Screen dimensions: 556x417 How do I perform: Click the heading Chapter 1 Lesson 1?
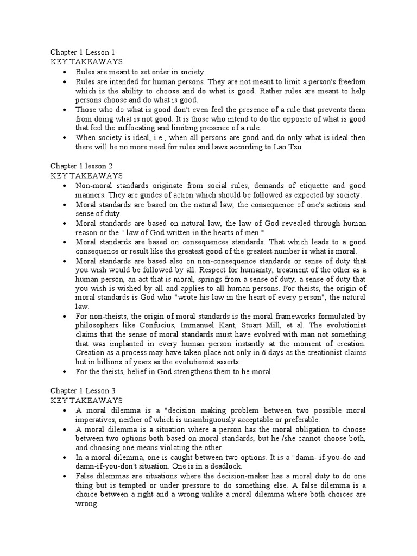click(83, 53)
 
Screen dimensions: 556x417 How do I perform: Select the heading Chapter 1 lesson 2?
click(82, 166)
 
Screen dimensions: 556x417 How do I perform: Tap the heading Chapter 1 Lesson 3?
click(83, 390)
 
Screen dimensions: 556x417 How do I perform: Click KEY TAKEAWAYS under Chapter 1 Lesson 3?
click(86, 400)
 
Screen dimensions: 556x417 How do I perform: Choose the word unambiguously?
click(207, 419)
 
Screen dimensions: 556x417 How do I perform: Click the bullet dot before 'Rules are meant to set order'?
click(65, 72)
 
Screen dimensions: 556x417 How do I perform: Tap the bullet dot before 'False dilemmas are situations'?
click(65, 476)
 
